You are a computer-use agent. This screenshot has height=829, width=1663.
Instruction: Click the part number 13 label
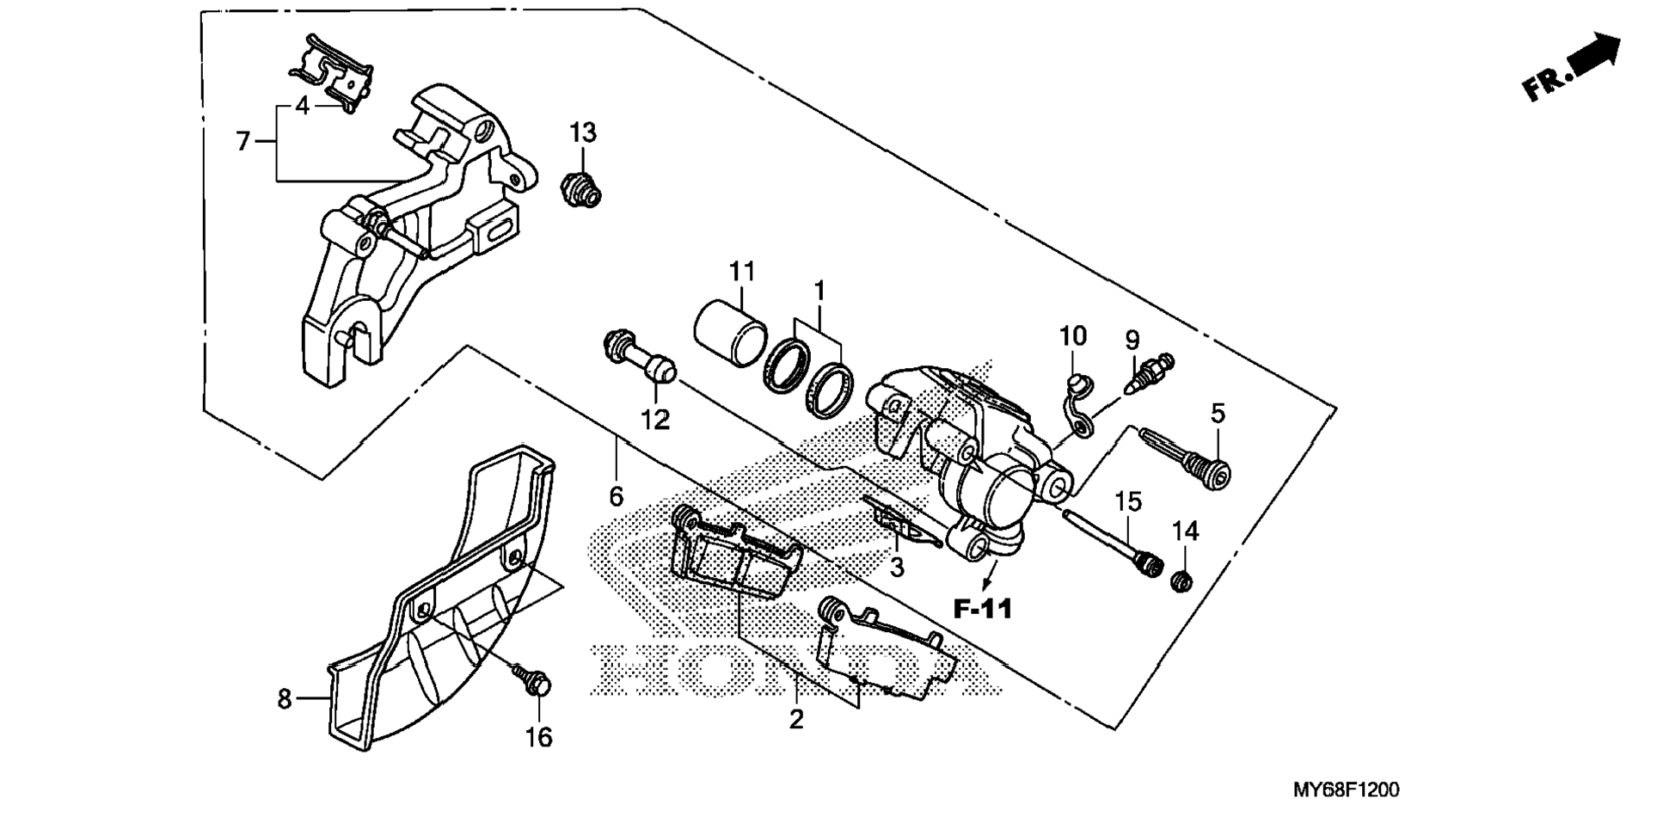point(582,133)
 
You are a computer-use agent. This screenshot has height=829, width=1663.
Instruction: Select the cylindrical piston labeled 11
point(730,331)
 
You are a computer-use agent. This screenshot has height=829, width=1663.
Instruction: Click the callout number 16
point(539,737)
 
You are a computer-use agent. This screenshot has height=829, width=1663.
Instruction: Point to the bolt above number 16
point(530,679)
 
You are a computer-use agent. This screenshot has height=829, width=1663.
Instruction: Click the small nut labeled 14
point(1182,580)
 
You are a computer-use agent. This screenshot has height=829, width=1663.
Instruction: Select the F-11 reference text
point(984,609)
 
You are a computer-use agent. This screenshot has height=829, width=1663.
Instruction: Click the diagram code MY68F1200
point(1346,789)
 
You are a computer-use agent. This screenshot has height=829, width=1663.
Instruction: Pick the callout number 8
point(285,699)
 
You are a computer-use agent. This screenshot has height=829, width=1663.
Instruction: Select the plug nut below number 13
point(581,190)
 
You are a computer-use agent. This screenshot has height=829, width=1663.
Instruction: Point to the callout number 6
point(616,496)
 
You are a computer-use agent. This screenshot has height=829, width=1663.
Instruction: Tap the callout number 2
point(796,719)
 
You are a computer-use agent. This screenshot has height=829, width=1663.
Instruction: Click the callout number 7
point(243,140)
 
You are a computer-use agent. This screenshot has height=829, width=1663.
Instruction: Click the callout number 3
point(897,567)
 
